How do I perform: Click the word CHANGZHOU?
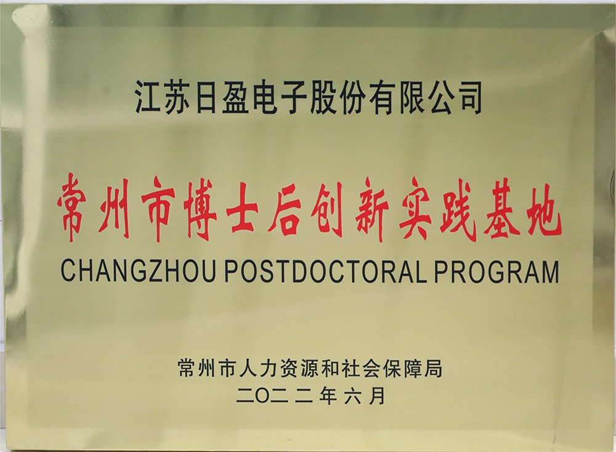138,270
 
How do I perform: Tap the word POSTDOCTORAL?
326,270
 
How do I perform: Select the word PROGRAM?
496,271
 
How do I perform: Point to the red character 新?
371,209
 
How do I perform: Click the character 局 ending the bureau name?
433,368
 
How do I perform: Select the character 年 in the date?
328,395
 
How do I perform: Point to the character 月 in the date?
377,396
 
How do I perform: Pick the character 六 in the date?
352,396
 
